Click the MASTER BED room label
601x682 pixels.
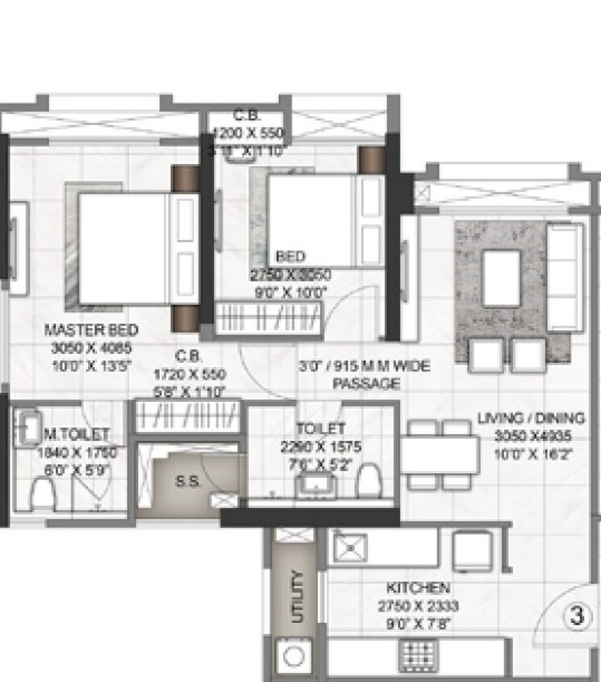pos(90,330)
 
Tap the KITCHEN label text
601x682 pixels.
pos(418,588)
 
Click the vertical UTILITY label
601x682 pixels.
pos(296,596)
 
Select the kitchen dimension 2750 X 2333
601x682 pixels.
pos(418,605)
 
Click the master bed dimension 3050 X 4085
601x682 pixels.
pos(90,348)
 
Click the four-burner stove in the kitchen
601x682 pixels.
pos(418,653)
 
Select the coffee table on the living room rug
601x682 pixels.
pos(501,278)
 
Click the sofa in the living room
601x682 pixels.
pos(566,276)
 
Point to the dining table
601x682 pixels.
pos(440,454)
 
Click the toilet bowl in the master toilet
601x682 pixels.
pos(42,492)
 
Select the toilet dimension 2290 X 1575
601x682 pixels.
pos(322,446)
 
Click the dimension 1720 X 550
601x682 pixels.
pos(190,375)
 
